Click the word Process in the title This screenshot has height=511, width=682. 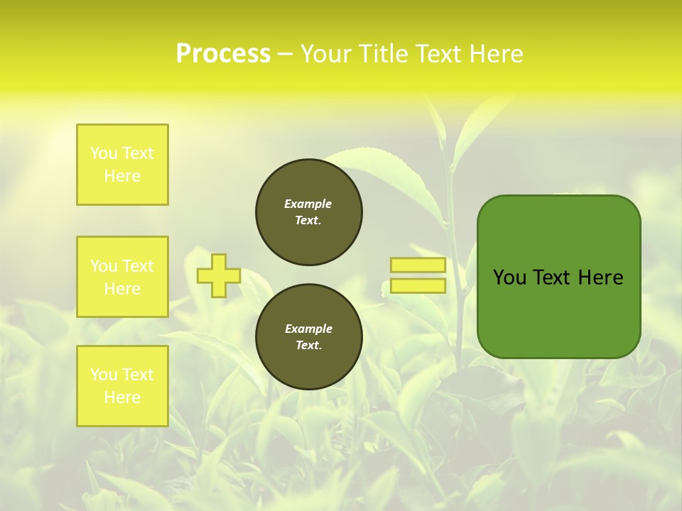pyautogui.click(x=223, y=54)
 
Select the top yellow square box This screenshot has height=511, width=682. pyautogui.click(x=122, y=165)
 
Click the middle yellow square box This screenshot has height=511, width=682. pyautogui.click(x=122, y=277)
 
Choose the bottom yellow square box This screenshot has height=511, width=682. pyautogui.click(x=122, y=386)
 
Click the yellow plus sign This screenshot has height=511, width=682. pyautogui.click(x=219, y=275)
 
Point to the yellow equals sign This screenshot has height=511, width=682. pyautogui.click(x=418, y=275)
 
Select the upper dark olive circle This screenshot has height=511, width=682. pyautogui.click(x=309, y=212)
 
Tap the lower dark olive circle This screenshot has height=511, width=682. pyautogui.click(x=309, y=337)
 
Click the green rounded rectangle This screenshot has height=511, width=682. pyautogui.click(x=558, y=277)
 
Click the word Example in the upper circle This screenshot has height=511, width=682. pyautogui.click(x=308, y=204)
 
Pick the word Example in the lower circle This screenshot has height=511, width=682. pyautogui.click(x=308, y=329)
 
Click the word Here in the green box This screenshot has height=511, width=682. pyautogui.click(x=600, y=278)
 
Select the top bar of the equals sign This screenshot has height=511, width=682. pyautogui.click(x=418, y=265)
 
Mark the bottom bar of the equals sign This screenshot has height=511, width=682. pyautogui.click(x=418, y=286)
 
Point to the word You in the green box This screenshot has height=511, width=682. pyautogui.click(x=509, y=278)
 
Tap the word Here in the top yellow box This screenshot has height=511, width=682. pyautogui.click(x=122, y=176)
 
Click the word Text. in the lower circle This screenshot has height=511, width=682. pyautogui.click(x=308, y=346)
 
